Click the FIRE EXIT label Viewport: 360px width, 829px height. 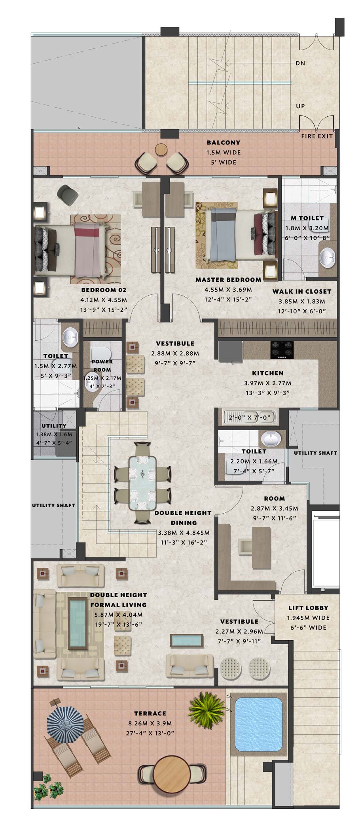click(x=317, y=136)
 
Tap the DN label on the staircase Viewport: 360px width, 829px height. click(x=300, y=63)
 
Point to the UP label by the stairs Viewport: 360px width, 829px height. click(x=300, y=106)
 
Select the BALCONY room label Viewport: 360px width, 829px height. click(x=224, y=142)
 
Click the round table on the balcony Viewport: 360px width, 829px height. click(x=161, y=149)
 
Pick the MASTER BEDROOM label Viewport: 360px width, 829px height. click(x=228, y=280)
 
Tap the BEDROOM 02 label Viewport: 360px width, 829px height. click(x=104, y=290)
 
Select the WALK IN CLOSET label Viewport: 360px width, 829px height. click(x=302, y=292)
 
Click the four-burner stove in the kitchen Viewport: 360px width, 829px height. click(x=282, y=349)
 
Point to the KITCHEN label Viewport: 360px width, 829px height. click(x=268, y=373)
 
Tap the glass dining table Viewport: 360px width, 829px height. click(x=142, y=484)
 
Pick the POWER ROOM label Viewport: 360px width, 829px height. click(x=102, y=366)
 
